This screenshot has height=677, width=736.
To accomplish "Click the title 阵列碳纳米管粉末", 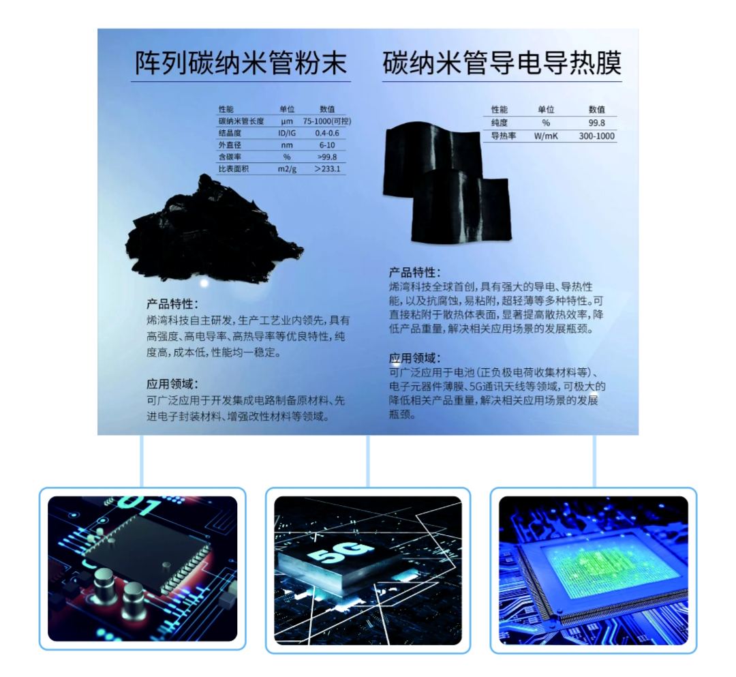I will pyautogui.click(x=241, y=63).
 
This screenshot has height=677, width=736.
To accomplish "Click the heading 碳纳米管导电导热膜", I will pyautogui.click(x=502, y=63).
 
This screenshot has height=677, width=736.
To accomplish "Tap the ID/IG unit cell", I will pyautogui.click(x=286, y=133).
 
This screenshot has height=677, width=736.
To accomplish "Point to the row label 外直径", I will pyautogui.click(x=230, y=145).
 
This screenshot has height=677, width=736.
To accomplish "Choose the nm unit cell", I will pyautogui.click(x=286, y=145).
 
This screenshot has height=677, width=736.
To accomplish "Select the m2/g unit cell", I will pyautogui.click(x=286, y=168).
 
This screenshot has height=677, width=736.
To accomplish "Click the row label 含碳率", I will pyautogui.click(x=230, y=156).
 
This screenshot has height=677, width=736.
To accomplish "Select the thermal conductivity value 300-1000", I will pyautogui.click(x=596, y=136).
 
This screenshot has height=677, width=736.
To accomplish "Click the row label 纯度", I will pyautogui.click(x=498, y=123).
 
